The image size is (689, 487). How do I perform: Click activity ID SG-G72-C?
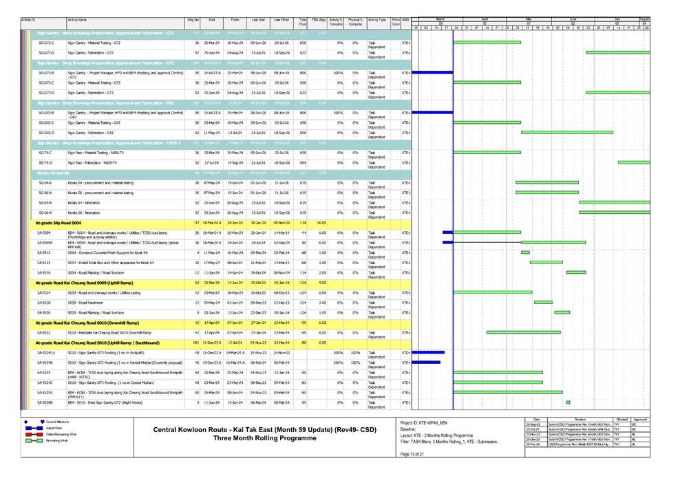pyautogui.click(x=47, y=43)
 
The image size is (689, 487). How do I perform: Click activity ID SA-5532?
pyautogui.click(x=45, y=332)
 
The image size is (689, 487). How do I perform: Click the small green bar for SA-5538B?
pyautogui.click(x=568, y=402)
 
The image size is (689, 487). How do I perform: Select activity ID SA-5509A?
pyautogui.click(x=46, y=243)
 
